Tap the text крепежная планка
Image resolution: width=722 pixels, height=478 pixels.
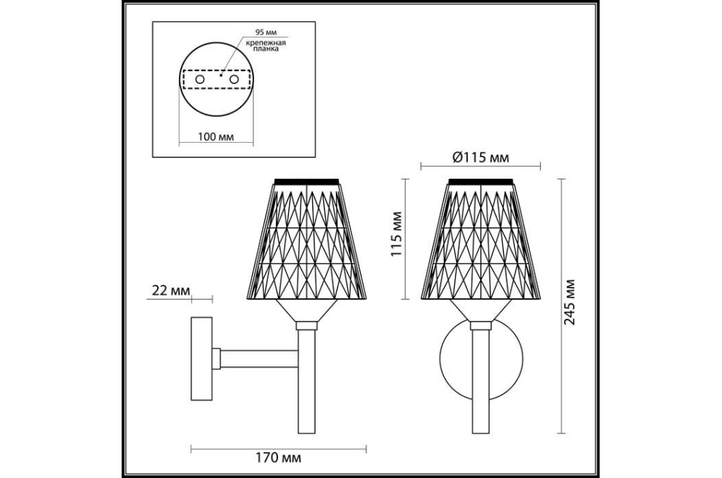pos(265,46)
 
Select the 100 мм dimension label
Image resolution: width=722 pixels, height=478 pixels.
pos(216,137)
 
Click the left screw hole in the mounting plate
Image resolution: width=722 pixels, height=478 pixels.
pos(200,79)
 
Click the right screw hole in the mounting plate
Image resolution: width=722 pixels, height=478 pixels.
pos(235,79)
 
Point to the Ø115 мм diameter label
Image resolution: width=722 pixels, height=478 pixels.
pos(481,158)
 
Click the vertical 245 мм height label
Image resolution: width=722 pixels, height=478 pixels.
pos(570,301)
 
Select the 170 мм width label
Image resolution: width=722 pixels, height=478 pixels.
pos(279,458)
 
